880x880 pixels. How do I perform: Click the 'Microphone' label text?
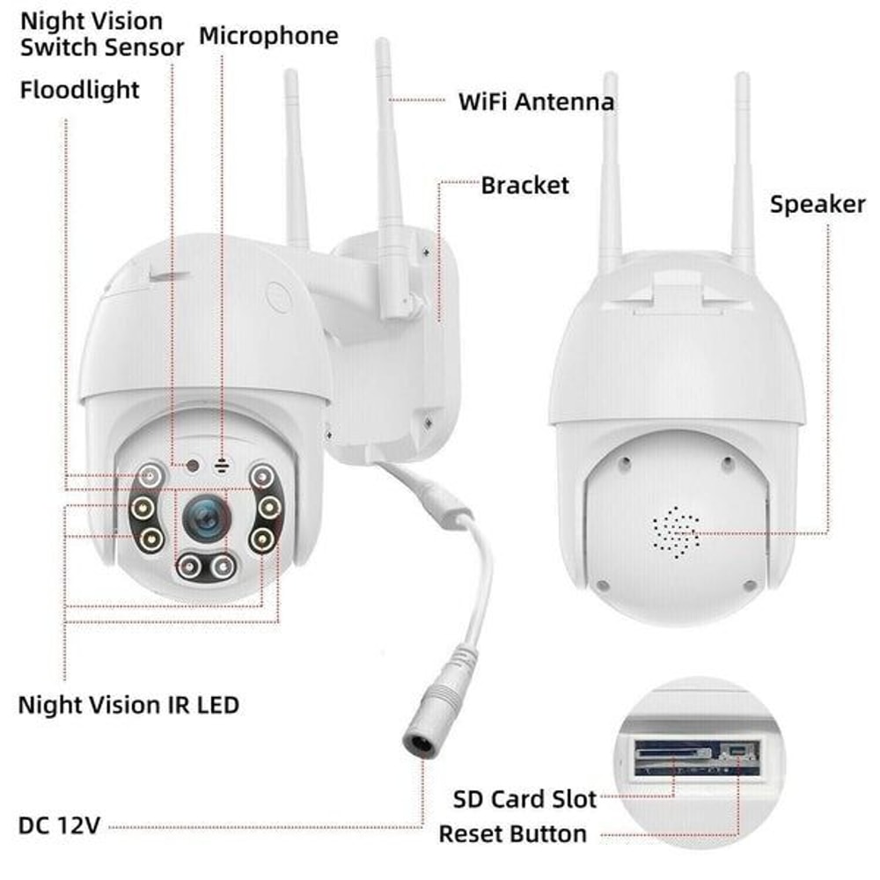[268, 36]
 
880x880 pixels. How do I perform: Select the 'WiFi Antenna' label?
[536, 101]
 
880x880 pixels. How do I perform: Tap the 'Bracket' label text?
[525, 186]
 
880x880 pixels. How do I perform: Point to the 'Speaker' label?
[818, 204]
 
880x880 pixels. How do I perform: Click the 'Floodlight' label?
[80, 89]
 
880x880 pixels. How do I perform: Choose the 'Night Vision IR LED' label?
[128, 705]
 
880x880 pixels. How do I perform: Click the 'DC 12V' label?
[60, 825]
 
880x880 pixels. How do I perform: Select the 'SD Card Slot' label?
[525, 799]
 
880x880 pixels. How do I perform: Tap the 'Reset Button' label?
[512, 832]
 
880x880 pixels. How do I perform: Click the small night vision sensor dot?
[190, 464]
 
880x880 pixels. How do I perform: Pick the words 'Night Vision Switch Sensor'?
[102, 33]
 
